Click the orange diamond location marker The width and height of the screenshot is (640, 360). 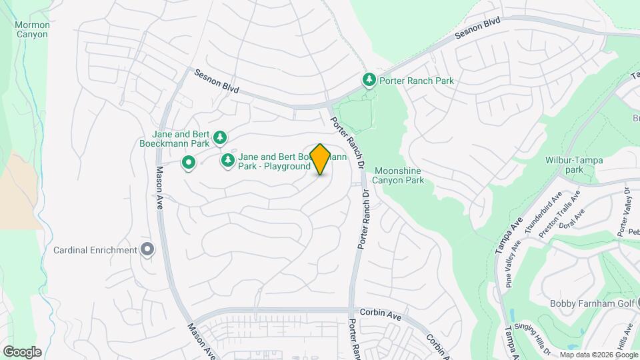tap(320, 159)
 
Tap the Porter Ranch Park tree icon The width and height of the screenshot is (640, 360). tap(369, 80)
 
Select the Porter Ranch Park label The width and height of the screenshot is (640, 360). tap(416, 81)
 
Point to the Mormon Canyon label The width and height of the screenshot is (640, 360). tap(32, 29)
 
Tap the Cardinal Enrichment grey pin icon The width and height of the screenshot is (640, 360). tap(148, 250)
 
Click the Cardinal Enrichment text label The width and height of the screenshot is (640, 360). tap(95, 250)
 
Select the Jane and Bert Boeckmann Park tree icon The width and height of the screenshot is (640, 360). tap(220, 138)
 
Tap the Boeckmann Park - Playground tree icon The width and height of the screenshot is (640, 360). tap(228, 161)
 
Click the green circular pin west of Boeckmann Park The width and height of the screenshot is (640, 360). tap(189, 161)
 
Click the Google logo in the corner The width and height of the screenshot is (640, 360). tap(22, 351)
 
